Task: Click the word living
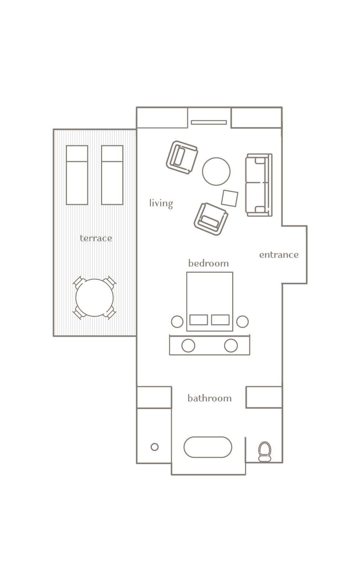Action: click(161, 203)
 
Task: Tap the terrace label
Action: click(96, 238)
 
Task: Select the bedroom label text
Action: click(208, 263)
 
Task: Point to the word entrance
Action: click(279, 255)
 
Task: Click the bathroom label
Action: click(209, 398)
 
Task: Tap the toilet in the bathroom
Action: click(264, 451)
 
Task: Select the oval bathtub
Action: click(208, 447)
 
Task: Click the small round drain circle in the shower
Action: click(155, 447)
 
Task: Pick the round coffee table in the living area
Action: click(216, 171)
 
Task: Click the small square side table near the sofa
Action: click(230, 198)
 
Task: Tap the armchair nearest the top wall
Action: click(181, 157)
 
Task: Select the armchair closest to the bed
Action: click(211, 219)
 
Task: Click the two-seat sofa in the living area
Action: click(258, 185)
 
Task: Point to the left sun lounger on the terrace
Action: click(77, 175)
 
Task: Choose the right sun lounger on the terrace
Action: click(112, 175)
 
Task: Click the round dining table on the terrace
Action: click(94, 298)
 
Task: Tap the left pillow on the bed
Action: click(198, 320)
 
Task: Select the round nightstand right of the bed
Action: click(242, 322)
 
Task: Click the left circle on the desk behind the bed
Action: click(188, 346)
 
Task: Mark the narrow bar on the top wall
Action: click(209, 122)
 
